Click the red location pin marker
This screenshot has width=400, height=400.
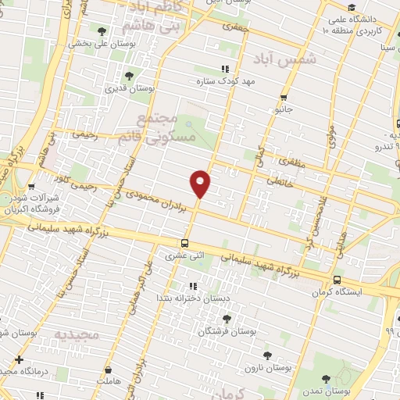[x=201, y=184]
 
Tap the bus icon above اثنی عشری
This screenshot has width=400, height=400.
[x=185, y=242]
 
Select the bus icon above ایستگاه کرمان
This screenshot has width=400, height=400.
[x=337, y=280]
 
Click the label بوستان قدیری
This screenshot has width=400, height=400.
[x=130, y=89]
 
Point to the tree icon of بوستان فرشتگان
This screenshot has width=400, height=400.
[x=226, y=319]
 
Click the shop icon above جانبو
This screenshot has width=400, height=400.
[x=283, y=98]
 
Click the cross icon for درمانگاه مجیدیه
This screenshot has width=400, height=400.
[x=19, y=360]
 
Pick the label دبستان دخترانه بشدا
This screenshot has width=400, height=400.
[x=184, y=298]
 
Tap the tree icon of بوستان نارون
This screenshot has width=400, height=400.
[x=268, y=355]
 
